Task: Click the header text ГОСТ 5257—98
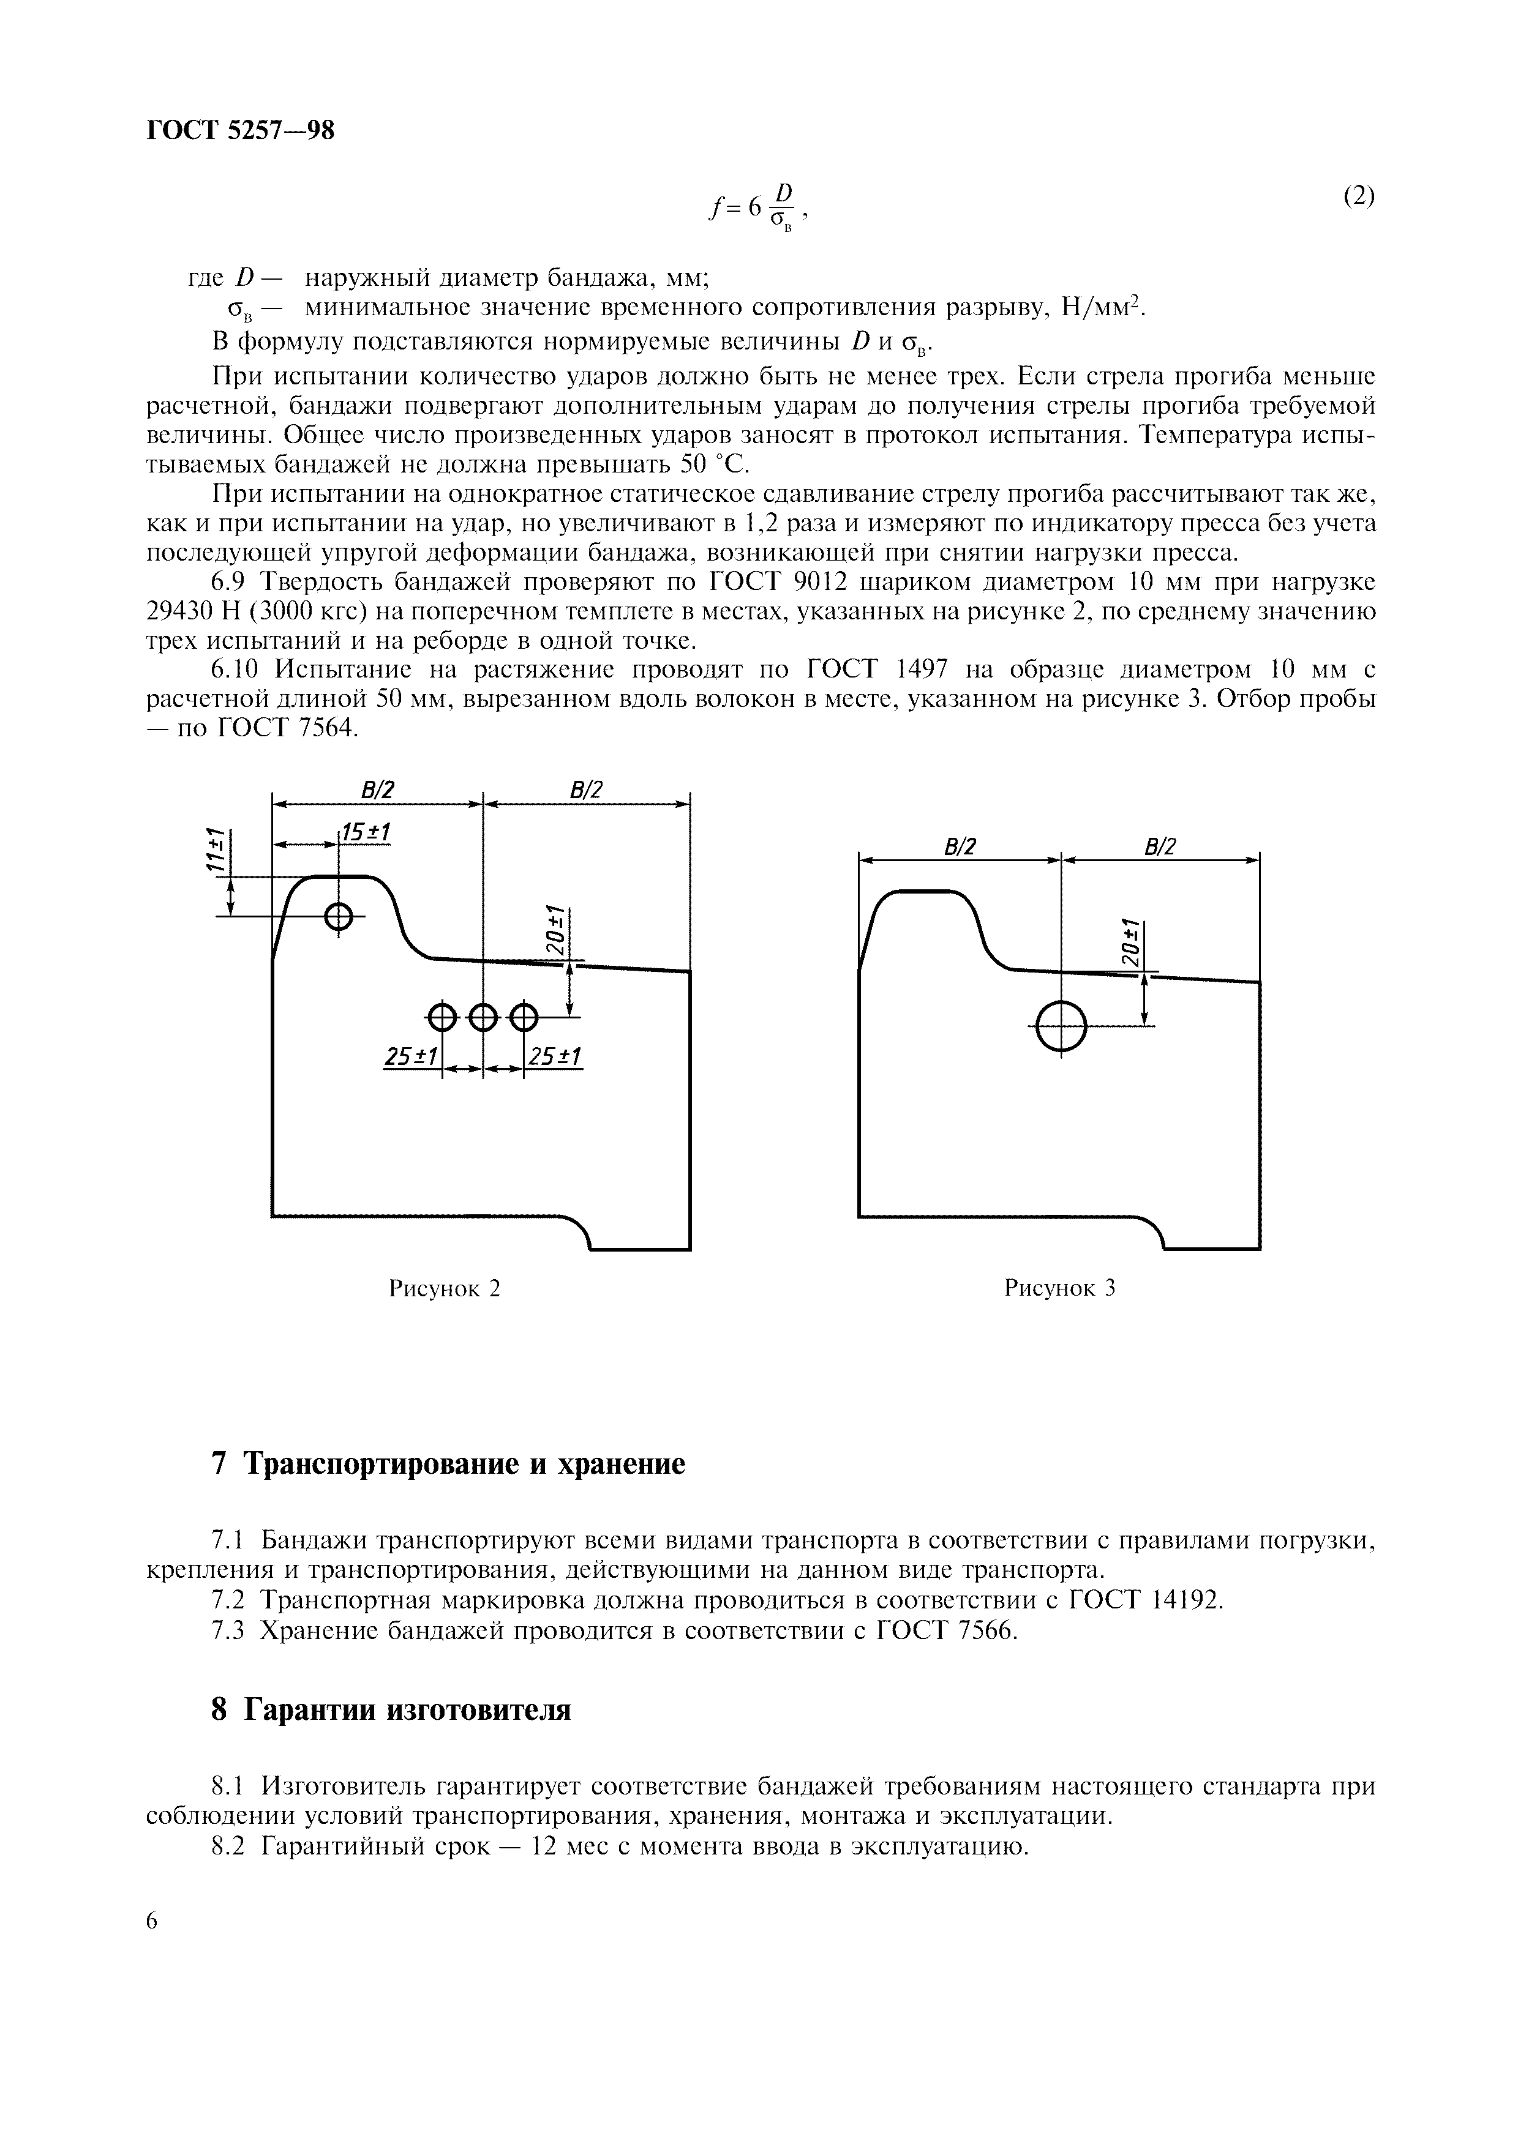click(x=241, y=130)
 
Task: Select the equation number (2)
click(x=1359, y=196)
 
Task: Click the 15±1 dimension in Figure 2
click(x=366, y=831)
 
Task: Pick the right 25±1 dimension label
click(x=555, y=1056)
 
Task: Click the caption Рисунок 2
click(x=445, y=1288)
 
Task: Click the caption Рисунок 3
click(x=1060, y=1288)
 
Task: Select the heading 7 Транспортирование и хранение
click(x=449, y=1463)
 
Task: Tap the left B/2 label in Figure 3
click(x=960, y=847)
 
